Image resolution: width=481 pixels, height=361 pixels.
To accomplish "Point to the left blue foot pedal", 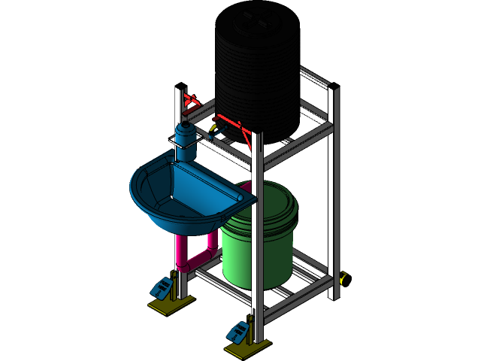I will (162, 287).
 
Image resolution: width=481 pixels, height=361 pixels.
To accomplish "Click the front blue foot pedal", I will (240, 330).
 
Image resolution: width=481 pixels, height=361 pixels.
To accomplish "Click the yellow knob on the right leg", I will (344, 279).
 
